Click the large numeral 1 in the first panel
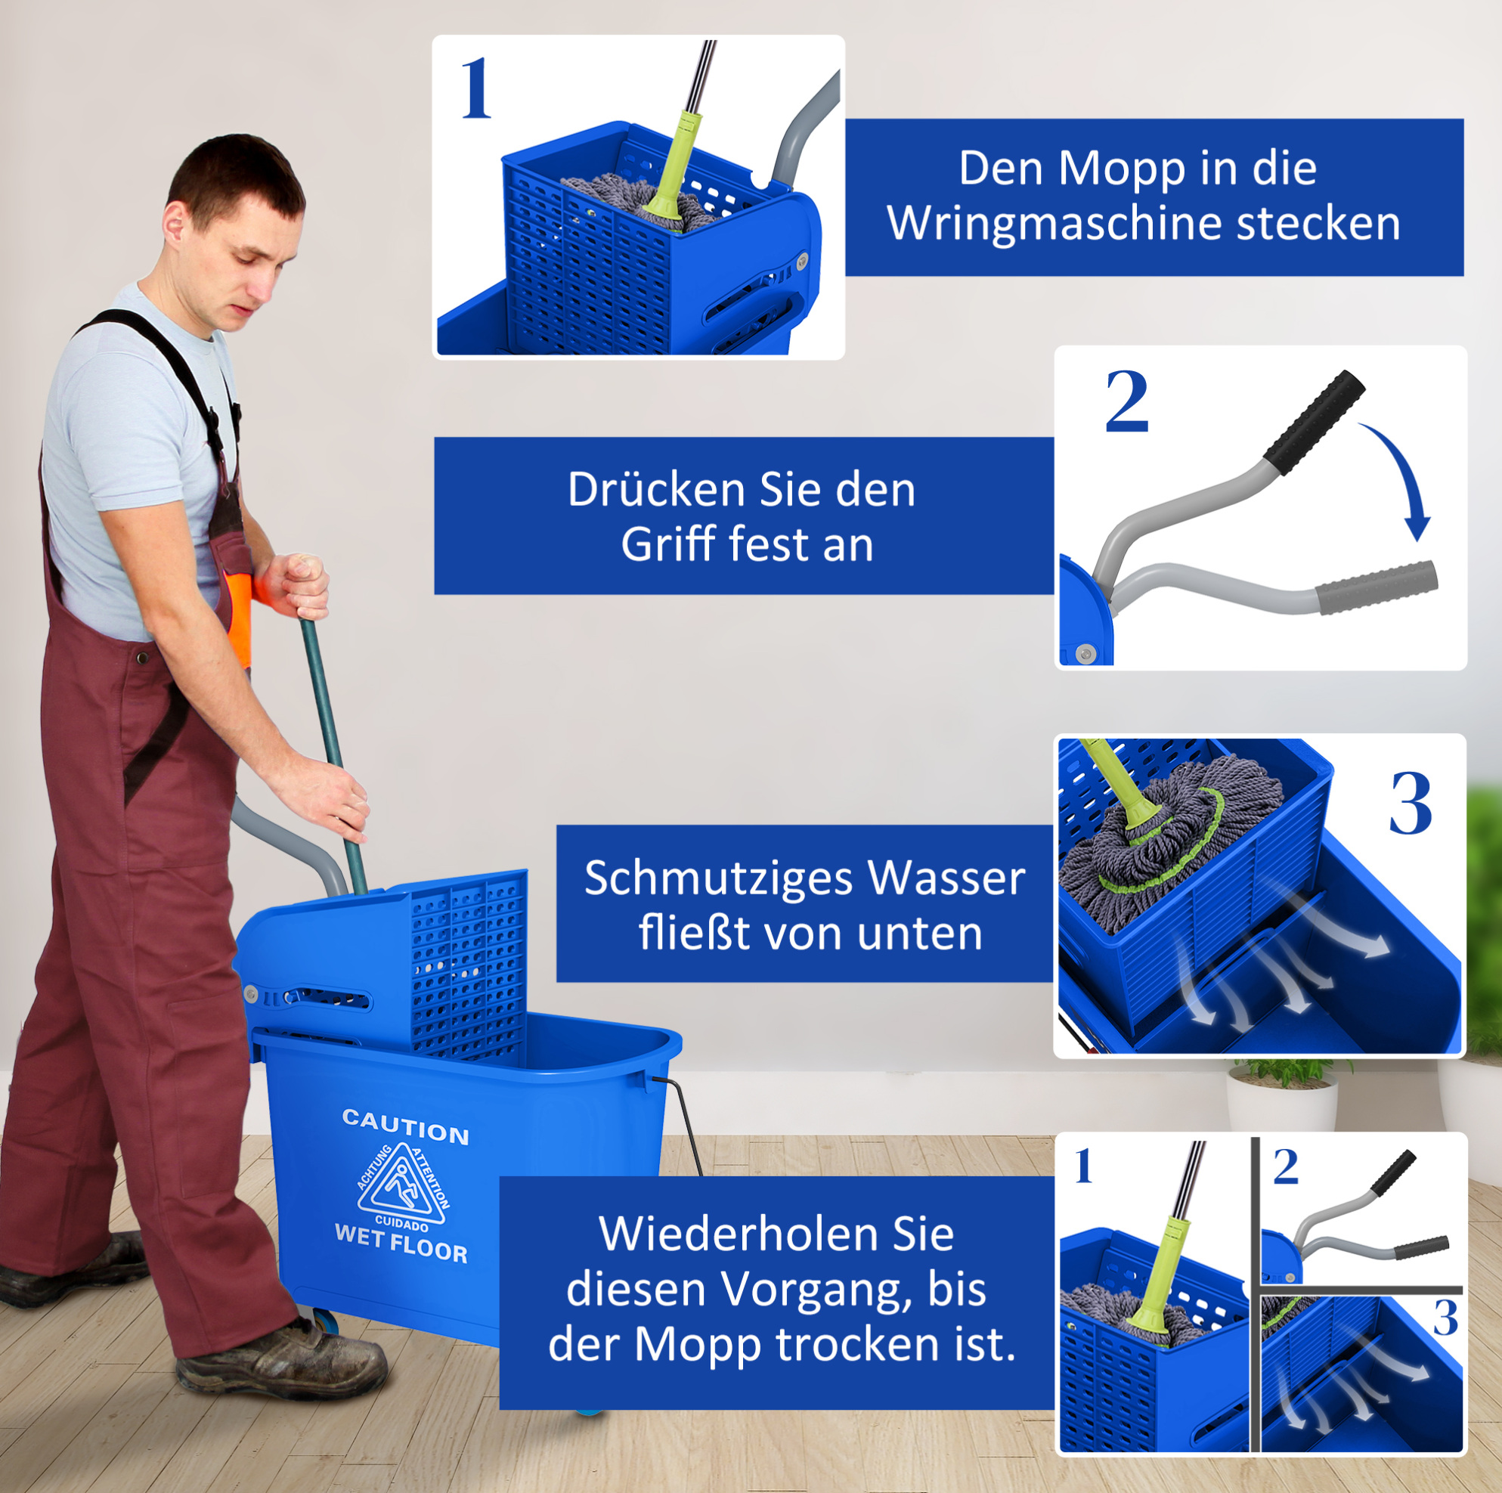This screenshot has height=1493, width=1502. [x=475, y=88]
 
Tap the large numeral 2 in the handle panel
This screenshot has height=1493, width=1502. [x=1126, y=401]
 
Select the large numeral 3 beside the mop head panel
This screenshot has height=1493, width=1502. [x=1411, y=804]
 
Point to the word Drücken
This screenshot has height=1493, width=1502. [x=658, y=490]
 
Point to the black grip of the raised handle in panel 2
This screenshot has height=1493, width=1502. [x=1313, y=422]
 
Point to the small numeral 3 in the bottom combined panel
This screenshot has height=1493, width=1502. [x=1445, y=1318]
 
